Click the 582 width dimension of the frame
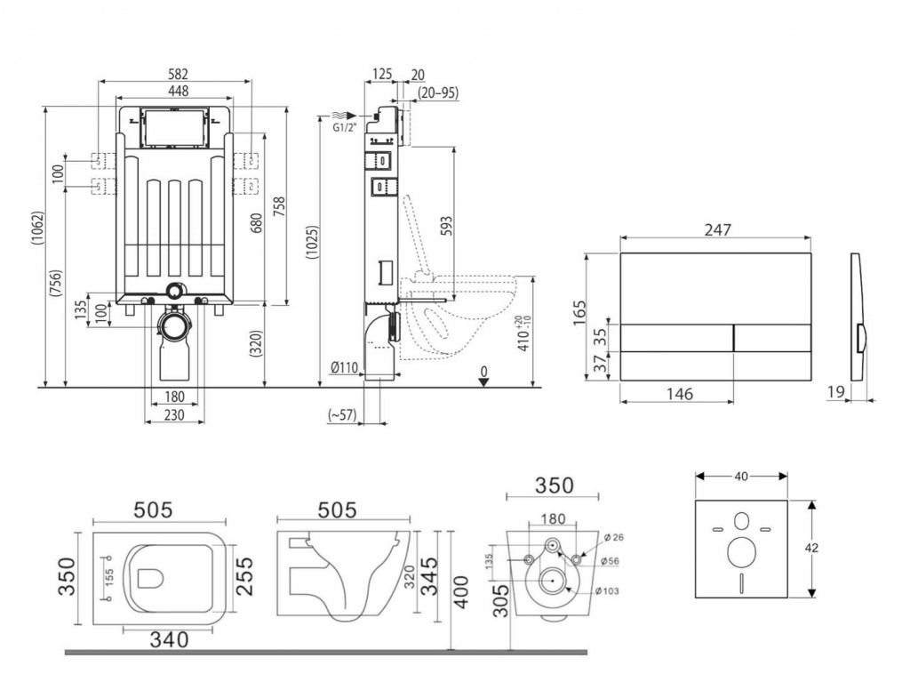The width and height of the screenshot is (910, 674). [177, 73]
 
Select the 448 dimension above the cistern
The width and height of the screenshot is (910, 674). [177, 91]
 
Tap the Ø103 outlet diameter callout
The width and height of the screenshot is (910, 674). [606, 590]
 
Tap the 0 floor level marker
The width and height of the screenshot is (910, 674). [483, 371]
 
